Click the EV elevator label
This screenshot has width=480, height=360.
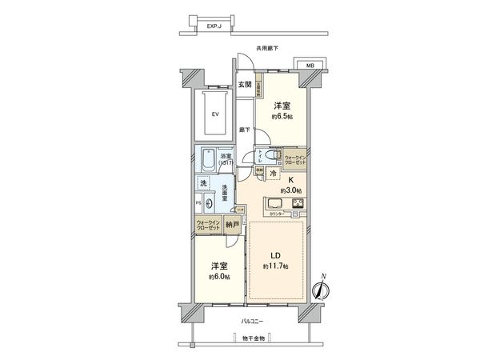click(x=214, y=114)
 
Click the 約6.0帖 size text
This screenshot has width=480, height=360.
click(x=220, y=277)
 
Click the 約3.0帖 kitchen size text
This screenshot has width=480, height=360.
click(x=292, y=190)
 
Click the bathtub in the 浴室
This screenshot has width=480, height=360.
click(x=207, y=158)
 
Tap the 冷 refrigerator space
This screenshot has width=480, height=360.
click(x=273, y=174)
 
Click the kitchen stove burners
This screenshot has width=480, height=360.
click(x=297, y=204)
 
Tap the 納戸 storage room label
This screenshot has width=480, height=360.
click(x=233, y=226)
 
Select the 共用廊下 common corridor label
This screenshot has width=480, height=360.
click(x=266, y=49)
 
